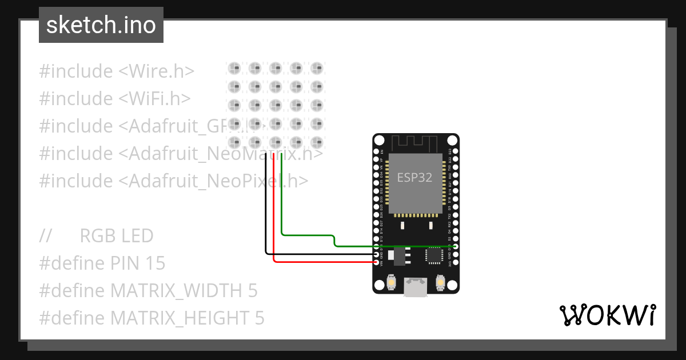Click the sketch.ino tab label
pos(101,25)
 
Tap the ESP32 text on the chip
pos(414,177)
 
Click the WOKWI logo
pos(607,315)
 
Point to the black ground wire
pos(266,217)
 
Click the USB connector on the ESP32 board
pos(416,287)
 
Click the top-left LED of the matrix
pos(234,69)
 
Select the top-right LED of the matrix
pos(316,69)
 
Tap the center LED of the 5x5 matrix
pos(275,105)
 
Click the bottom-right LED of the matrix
pos(316,142)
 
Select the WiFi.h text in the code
pos(154,99)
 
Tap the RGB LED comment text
pos(117,236)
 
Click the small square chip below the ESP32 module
pos(434,255)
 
